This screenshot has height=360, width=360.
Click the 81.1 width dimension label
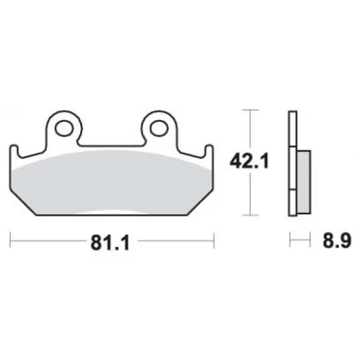click(110, 243)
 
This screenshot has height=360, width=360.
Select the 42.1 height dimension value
click(249, 162)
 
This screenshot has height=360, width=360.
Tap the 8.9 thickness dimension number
click(337, 241)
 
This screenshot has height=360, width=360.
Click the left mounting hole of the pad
click(64, 128)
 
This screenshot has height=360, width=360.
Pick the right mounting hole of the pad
click(159, 128)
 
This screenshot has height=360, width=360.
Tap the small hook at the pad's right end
click(208, 152)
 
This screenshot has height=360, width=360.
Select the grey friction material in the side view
click(304, 182)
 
